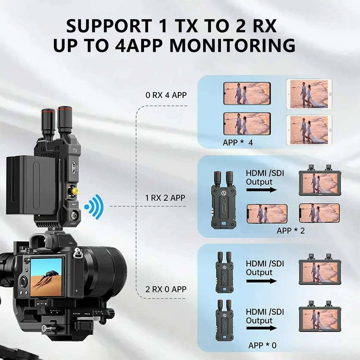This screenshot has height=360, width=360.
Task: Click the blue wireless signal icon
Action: coord(94,207)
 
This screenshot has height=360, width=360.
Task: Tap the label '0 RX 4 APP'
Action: coord(166,95)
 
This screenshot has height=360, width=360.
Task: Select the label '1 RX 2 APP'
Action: coord(165,198)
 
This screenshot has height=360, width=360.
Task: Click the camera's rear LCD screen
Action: coord(46,276)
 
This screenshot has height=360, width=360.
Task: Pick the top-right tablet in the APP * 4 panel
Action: coord(309,93)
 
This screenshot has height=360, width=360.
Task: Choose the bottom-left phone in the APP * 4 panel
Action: coord(247,124)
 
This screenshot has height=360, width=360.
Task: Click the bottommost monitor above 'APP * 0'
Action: coord(320,318)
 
